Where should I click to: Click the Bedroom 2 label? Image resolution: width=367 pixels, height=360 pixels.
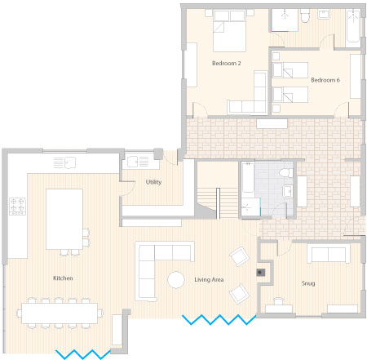(226, 63)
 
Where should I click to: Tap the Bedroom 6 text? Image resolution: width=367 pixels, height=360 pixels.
(325, 80)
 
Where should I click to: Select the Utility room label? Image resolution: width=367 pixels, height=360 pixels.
(153, 182)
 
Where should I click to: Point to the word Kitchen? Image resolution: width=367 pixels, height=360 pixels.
(63, 278)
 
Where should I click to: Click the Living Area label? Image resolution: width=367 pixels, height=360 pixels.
(209, 279)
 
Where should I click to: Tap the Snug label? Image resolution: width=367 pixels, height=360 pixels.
(308, 283)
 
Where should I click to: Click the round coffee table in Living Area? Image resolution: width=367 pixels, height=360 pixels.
(176, 280)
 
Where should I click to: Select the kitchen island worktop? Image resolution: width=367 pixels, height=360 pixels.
(64, 219)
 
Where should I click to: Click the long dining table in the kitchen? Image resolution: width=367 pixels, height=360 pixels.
(60, 313)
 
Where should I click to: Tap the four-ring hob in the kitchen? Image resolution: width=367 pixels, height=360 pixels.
(17, 207)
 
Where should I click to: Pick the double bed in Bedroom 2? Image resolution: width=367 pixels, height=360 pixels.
(229, 30)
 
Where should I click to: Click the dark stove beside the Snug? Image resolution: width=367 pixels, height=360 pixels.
(260, 273)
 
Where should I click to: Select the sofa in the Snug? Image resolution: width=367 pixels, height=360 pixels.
(329, 254)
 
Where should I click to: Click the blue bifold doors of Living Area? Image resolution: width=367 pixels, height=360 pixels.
(219, 320)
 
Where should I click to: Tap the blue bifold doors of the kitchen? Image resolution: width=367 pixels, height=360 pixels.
(83, 354)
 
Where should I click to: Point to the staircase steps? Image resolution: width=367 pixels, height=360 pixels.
(218, 202)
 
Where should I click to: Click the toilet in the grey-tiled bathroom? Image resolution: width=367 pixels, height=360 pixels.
(286, 173)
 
